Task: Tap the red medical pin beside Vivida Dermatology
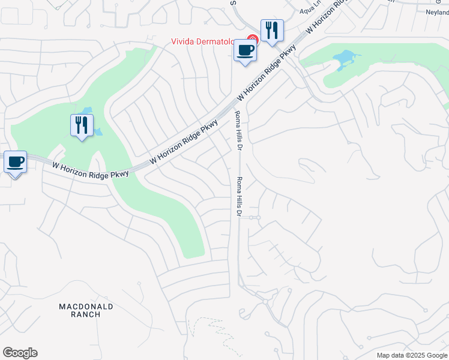click(x=253, y=40)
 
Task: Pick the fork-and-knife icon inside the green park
click(x=82, y=125)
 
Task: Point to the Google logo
click(x=20, y=353)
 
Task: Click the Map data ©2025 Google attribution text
click(x=412, y=355)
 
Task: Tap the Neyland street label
click(x=436, y=12)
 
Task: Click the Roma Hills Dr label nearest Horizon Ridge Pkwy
click(x=238, y=131)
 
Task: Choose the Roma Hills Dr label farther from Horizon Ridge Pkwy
click(x=239, y=197)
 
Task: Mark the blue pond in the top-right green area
click(x=346, y=59)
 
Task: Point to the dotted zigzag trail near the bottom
click(x=213, y=333)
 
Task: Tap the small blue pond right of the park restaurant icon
click(x=98, y=131)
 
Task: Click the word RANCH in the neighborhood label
click(x=85, y=314)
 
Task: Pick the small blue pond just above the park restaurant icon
click(x=88, y=111)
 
